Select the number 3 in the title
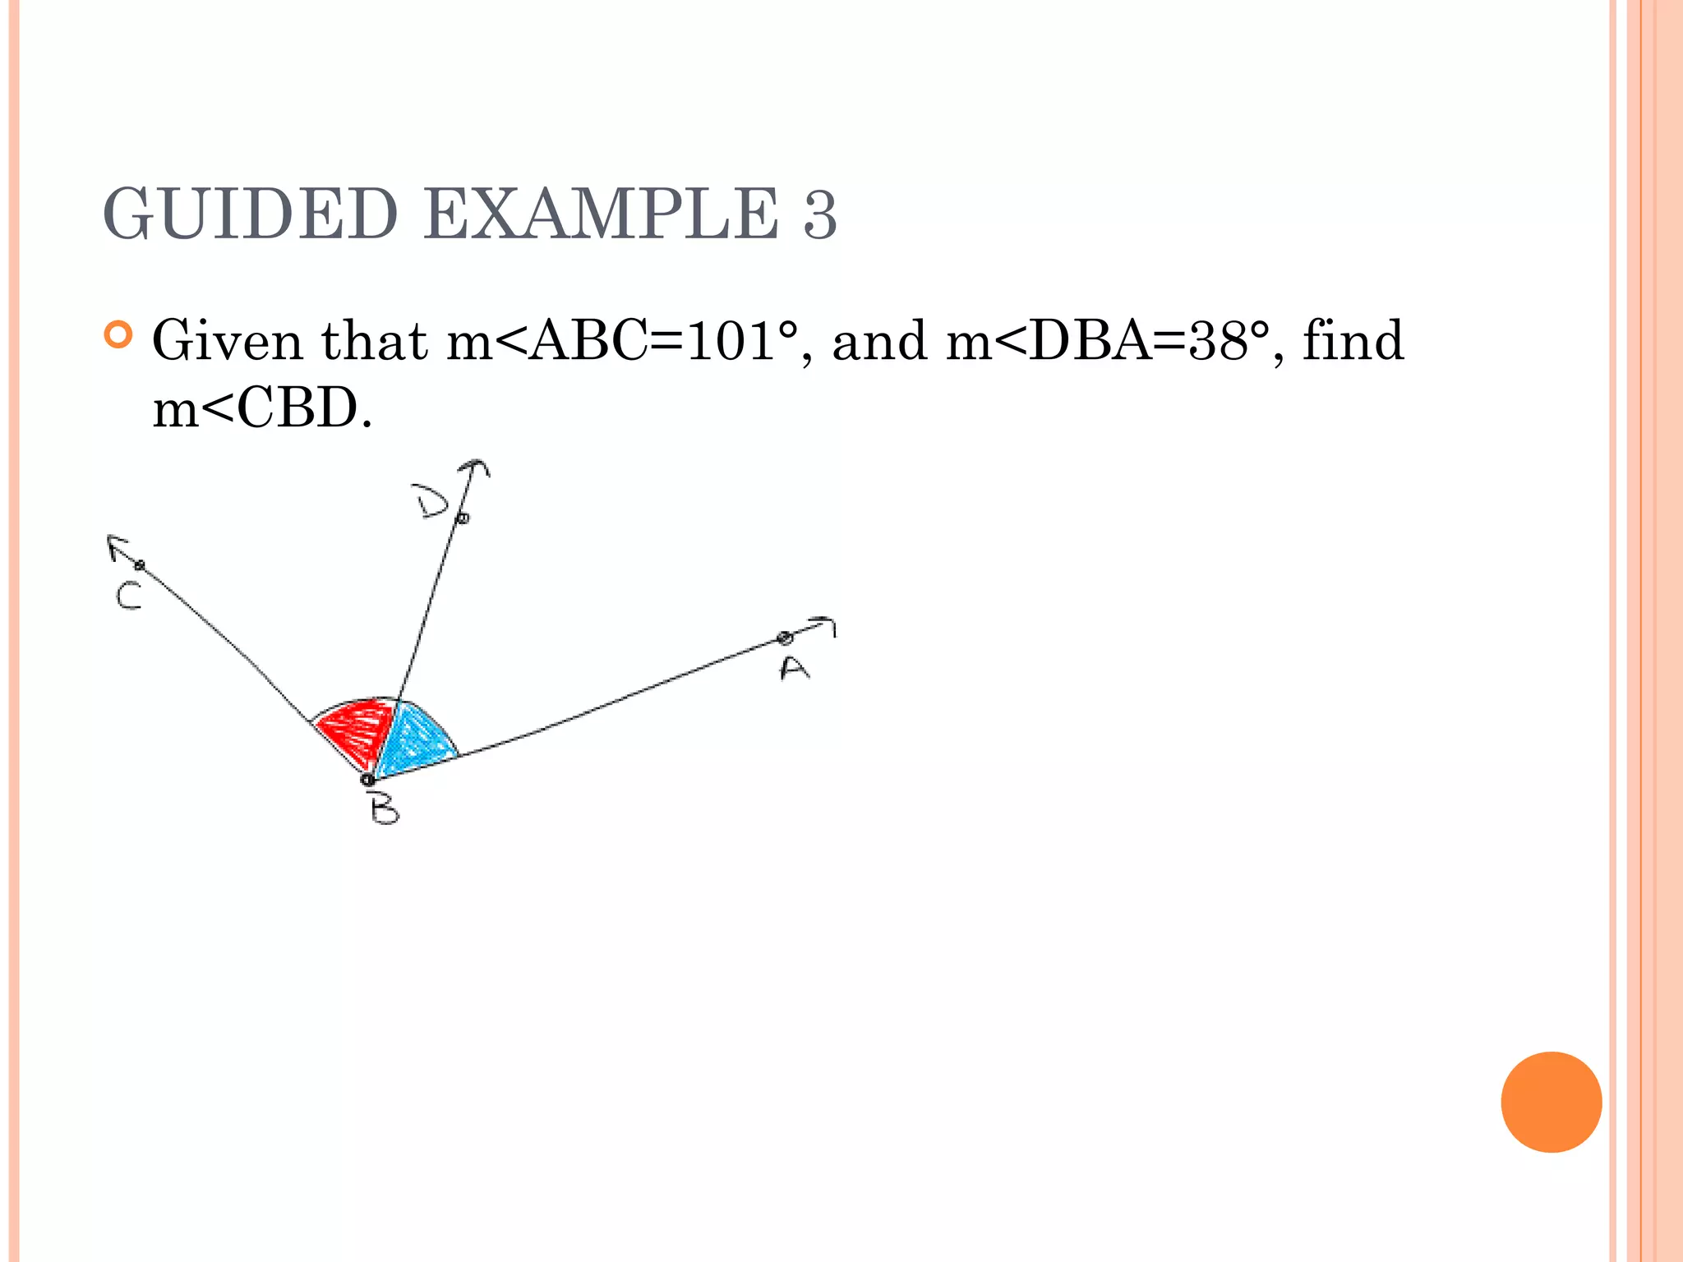coord(819,215)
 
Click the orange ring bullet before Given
coord(119,335)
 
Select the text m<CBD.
coord(262,408)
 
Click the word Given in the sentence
coord(228,341)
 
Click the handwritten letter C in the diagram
coord(129,596)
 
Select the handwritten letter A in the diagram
coord(794,669)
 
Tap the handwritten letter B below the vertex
coord(384,810)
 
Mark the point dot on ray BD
coord(463,518)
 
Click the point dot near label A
coord(784,638)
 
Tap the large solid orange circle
coord(1551,1102)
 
